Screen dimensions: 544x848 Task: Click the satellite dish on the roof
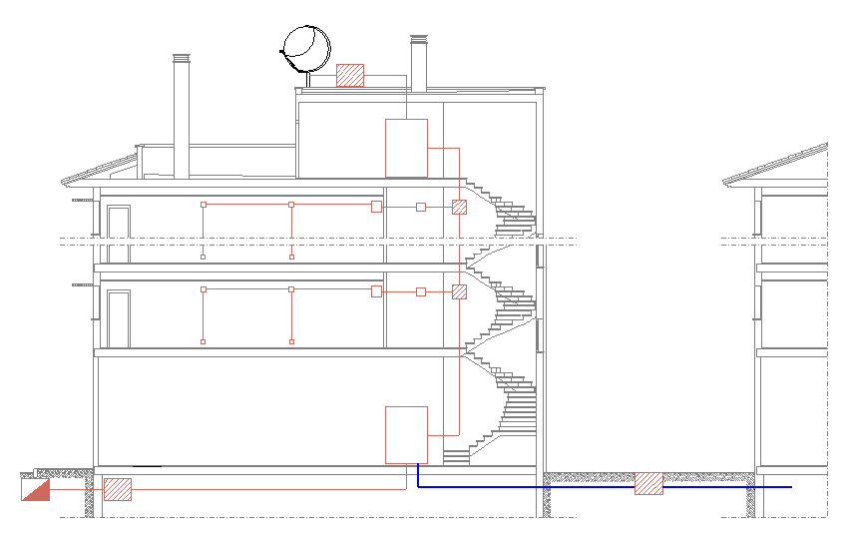(x=306, y=46)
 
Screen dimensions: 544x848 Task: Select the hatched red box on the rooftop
(x=350, y=76)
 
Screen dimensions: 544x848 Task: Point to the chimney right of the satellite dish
(x=419, y=65)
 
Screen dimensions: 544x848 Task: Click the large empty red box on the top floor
(x=406, y=148)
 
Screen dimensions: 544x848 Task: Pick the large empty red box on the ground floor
(x=406, y=434)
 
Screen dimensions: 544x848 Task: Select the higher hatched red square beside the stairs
(x=459, y=208)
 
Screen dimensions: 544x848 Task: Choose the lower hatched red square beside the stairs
(x=459, y=292)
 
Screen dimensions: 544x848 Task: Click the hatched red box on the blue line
(x=648, y=484)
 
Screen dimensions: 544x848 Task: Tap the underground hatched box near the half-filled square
(x=118, y=489)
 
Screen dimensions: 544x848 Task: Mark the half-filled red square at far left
(x=35, y=489)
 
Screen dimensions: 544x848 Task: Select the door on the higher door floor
(x=119, y=235)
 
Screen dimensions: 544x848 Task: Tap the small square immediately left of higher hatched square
(x=421, y=207)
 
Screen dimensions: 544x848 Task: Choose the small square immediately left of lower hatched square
(x=421, y=291)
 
